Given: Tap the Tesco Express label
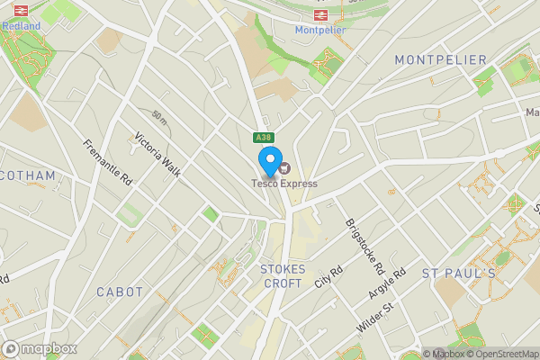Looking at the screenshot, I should pos(283,184).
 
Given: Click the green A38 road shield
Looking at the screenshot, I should pos(262,138).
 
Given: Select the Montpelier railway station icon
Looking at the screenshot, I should pos(320,15).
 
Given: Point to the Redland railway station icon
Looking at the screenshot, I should pos(21,11).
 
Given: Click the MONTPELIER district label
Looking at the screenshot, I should pos(440,59).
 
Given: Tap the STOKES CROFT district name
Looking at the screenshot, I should pos(282,275).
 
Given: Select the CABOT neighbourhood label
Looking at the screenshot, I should pos(120,292).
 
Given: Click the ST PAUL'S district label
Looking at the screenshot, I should pos(459,273).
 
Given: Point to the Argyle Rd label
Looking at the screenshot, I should pos(388,284).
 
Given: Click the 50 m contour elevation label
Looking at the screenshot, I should pos(159,117).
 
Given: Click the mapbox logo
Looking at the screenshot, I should pos(40,348).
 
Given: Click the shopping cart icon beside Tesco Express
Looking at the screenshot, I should pos(285,167).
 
